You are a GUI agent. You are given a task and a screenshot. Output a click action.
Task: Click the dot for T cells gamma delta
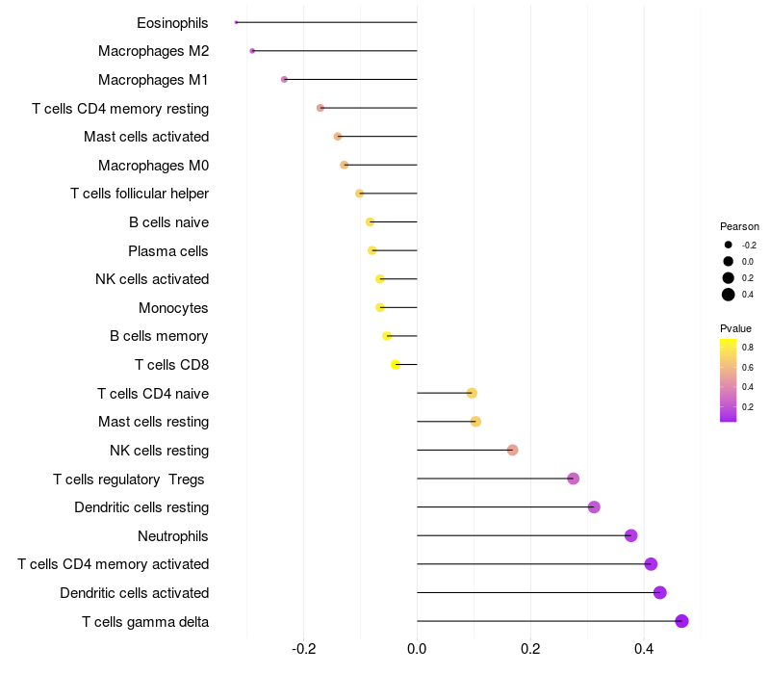[682, 621]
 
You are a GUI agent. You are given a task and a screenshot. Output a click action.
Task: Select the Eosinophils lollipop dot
[236, 22]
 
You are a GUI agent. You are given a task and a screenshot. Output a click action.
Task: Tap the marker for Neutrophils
[631, 535]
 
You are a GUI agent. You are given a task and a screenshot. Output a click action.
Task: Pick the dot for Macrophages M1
[284, 79]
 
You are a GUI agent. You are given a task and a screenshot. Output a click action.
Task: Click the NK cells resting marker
[512, 450]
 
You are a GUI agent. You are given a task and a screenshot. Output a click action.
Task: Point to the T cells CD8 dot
[396, 364]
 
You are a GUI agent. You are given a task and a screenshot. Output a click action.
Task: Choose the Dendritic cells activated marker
[660, 592]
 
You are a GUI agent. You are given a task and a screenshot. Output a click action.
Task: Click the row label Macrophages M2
[154, 51]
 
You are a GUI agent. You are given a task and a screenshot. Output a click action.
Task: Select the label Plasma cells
[168, 251]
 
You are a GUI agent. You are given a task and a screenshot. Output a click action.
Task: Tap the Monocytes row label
[173, 308]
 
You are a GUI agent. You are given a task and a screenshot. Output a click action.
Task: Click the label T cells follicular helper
[140, 194]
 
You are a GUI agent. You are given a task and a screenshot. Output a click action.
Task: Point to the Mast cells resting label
[154, 422]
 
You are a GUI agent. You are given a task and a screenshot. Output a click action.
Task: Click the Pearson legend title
[739, 226]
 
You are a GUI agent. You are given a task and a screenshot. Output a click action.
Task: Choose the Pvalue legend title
[736, 328]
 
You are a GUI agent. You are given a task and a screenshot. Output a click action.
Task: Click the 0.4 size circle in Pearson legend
[729, 295]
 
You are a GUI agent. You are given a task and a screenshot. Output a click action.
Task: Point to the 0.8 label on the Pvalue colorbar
[748, 347]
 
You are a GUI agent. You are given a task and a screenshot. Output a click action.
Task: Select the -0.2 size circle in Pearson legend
[729, 245]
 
